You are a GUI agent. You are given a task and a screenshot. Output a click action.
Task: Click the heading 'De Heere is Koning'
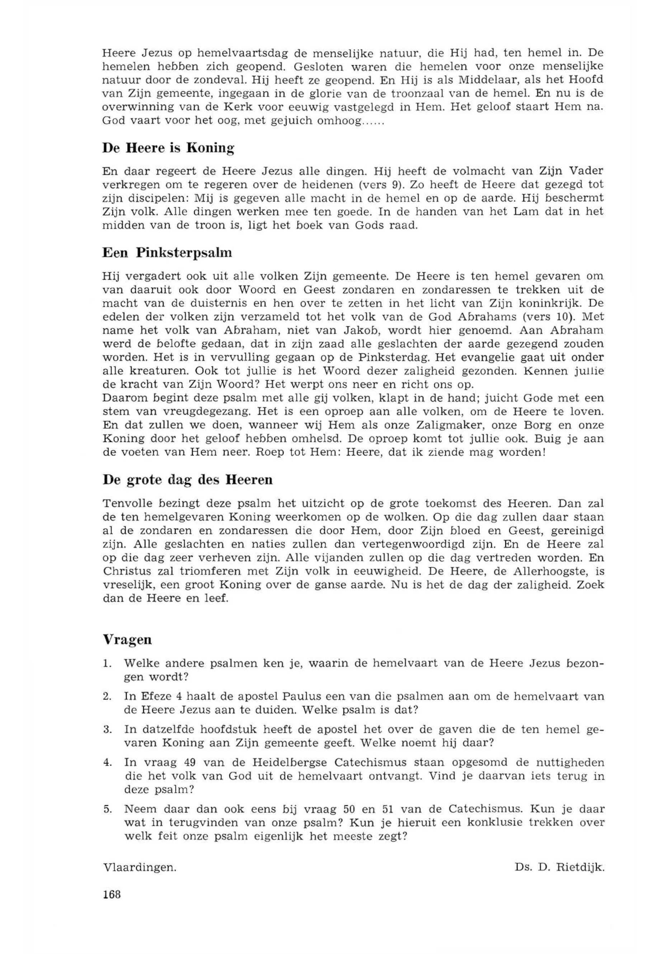coord(168,148)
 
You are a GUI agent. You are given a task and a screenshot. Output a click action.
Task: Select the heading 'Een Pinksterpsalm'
coord(167,253)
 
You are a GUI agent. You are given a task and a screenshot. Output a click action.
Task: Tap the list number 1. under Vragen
coord(106,664)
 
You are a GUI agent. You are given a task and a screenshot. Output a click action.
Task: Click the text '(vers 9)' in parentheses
coord(386,184)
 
